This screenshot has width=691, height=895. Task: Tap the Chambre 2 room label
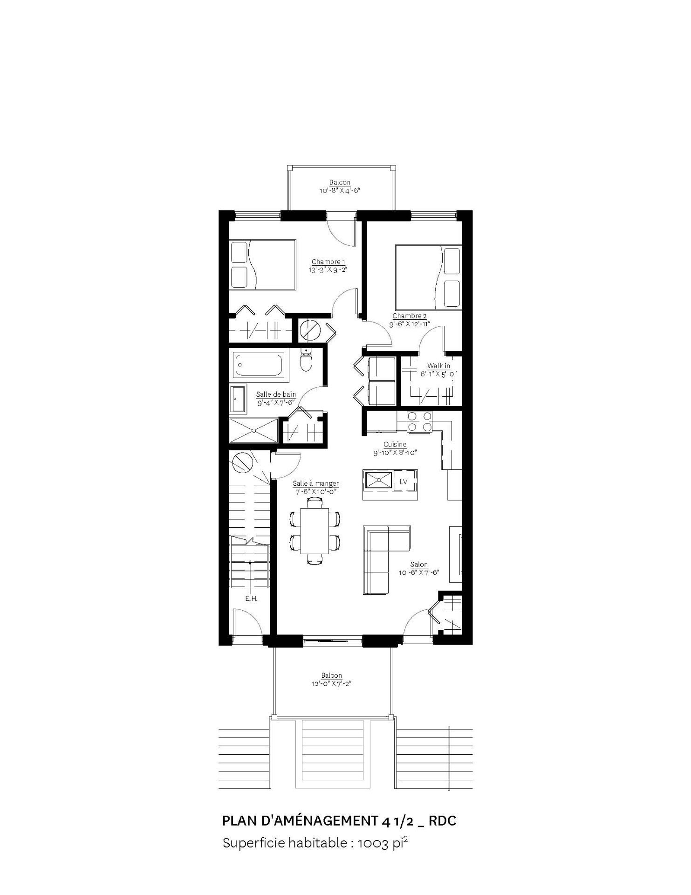click(410, 317)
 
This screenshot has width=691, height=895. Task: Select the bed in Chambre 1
click(262, 265)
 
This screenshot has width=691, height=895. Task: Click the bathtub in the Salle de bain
click(259, 365)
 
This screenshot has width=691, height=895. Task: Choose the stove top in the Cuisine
click(419, 423)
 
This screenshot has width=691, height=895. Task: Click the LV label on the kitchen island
click(404, 482)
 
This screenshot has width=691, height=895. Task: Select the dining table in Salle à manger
click(315, 530)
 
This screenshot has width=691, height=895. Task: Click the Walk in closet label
click(438, 366)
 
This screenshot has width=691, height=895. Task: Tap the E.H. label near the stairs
click(251, 599)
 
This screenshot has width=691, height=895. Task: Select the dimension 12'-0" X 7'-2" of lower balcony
click(332, 683)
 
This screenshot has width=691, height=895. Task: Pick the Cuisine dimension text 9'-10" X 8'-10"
click(395, 452)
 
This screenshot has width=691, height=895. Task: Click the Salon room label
click(419, 565)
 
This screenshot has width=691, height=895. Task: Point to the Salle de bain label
click(276, 394)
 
